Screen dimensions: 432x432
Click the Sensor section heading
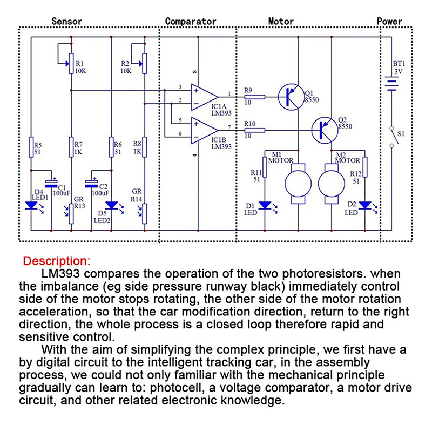(x=66, y=22)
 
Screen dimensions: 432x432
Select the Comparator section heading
(x=190, y=22)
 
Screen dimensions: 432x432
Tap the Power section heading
(x=389, y=22)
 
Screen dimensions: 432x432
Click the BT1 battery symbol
(x=389, y=85)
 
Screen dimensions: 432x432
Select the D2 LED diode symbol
(x=365, y=206)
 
